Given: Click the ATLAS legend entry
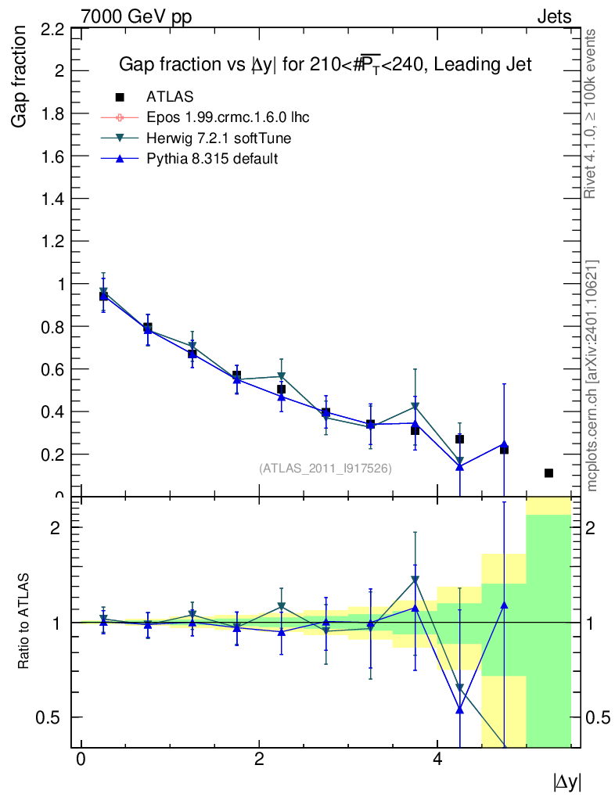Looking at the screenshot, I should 170,97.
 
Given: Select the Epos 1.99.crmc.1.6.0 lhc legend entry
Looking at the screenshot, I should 228,118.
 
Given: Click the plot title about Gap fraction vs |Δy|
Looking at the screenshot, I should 325,65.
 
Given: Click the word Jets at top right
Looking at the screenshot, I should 553,16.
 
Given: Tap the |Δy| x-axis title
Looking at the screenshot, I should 567,781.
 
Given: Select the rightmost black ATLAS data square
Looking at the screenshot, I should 548,473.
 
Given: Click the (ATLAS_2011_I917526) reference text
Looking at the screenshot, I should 325,469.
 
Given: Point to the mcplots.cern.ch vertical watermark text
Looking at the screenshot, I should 593,375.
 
